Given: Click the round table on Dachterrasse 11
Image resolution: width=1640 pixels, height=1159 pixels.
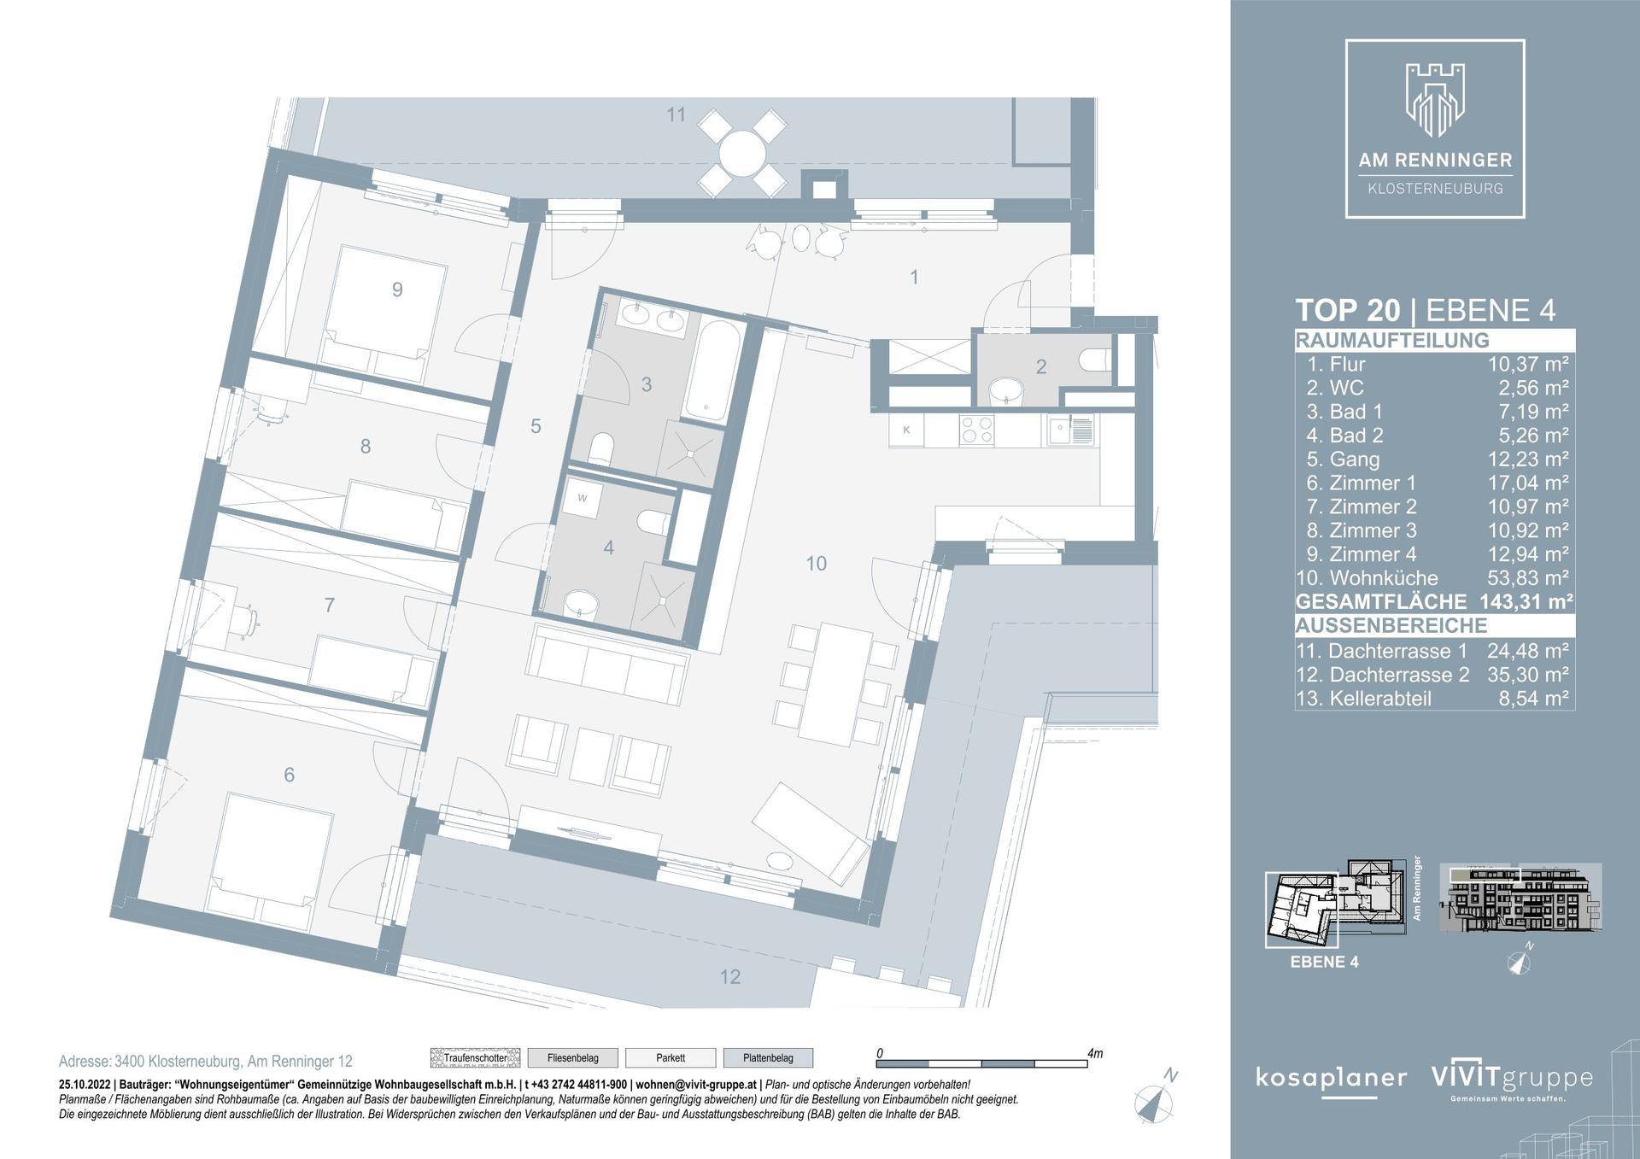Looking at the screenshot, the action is (x=741, y=155).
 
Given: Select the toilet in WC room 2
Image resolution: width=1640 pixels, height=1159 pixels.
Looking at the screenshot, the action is (x=1092, y=361).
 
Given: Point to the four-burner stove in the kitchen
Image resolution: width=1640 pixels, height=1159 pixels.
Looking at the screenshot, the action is (x=976, y=430).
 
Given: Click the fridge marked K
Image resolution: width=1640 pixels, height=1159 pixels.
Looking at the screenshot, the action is (x=907, y=430).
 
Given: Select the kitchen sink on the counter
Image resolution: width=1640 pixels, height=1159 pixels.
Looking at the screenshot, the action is (x=1068, y=430).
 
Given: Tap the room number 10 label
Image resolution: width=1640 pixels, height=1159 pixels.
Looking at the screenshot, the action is (x=816, y=564).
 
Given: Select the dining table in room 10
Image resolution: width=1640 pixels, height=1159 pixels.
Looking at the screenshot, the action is (x=836, y=682).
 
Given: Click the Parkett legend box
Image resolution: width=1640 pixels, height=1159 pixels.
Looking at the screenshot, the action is (x=671, y=1058).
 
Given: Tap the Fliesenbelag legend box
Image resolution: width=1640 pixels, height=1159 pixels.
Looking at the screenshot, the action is (x=572, y=1058).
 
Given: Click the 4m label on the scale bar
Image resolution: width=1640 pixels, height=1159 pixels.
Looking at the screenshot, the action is (x=1094, y=1054).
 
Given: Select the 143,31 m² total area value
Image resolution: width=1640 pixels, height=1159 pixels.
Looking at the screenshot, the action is (x=1526, y=602).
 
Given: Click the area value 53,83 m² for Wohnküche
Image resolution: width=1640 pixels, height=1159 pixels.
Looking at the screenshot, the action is (x=1528, y=578).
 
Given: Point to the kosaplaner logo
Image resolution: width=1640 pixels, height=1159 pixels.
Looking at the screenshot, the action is (x=1331, y=1078).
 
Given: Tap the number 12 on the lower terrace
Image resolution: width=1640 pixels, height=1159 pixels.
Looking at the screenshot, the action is (x=729, y=977).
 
